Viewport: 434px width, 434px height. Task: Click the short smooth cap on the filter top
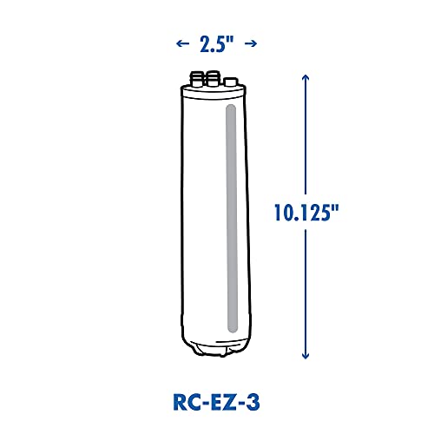point(228,82)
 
